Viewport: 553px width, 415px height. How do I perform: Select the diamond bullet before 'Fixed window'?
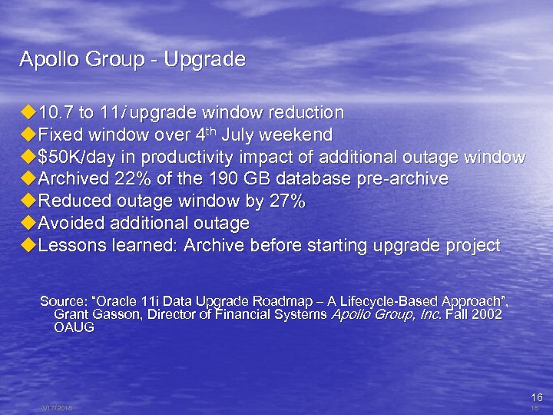(x=28, y=135)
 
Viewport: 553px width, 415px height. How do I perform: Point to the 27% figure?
(x=289, y=202)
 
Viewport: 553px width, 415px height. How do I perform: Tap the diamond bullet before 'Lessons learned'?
(x=28, y=246)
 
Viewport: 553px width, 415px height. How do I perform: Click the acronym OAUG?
(x=74, y=327)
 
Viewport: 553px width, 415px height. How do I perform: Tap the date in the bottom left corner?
(x=56, y=408)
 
